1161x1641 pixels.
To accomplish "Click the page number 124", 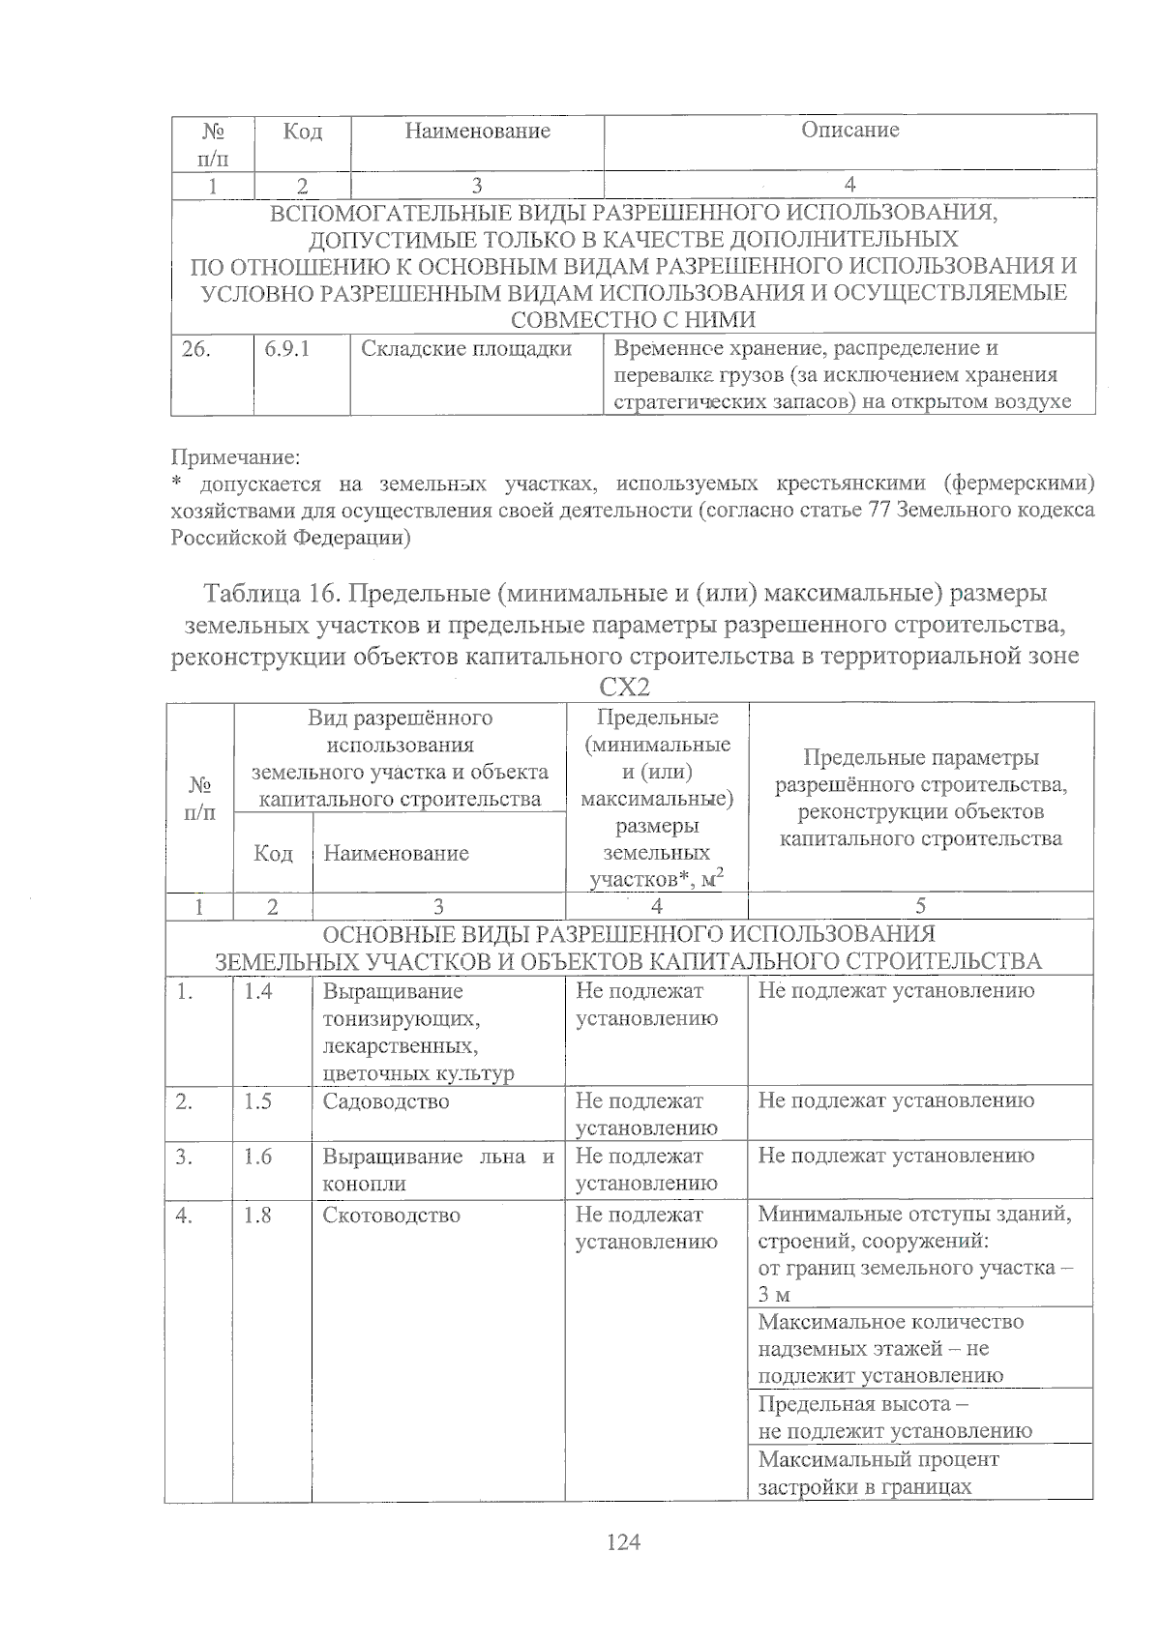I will pyautogui.click(x=623, y=1542).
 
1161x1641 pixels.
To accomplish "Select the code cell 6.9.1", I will pyautogui.click(x=287, y=349).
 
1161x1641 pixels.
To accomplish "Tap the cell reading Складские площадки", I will pyautogui.click(x=465, y=349).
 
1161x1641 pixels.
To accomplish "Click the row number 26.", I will pyautogui.click(x=195, y=349).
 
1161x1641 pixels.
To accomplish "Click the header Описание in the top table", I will pyautogui.click(x=849, y=131).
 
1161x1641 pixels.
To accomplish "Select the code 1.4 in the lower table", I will pyautogui.click(x=258, y=991).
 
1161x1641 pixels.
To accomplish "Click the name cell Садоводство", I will pyautogui.click(x=385, y=1101).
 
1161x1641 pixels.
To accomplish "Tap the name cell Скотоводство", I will pyautogui.click(x=391, y=1216).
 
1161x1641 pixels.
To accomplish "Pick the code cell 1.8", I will pyautogui.click(x=258, y=1216).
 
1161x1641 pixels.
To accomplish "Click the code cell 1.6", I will pyautogui.click(x=258, y=1157).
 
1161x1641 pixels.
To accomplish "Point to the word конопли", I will pyautogui.click(x=364, y=1184).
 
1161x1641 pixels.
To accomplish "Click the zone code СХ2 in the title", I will pyautogui.click(x=624, y=687).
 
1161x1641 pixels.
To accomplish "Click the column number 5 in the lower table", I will pyautogui.click(x=920, y=906).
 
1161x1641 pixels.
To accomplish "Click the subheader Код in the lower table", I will pyautogui.click(x=273, y=853).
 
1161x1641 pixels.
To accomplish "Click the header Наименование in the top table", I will pyautogui.click(x=477, y=132).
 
